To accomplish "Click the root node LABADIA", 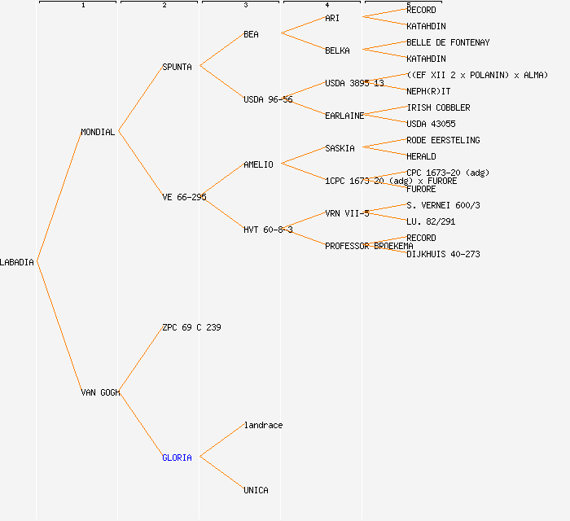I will tap(17, 262).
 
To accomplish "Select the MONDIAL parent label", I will tap(98, 132).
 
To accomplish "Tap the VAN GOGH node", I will tap(100, 392).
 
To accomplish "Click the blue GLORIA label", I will tap(177, 458).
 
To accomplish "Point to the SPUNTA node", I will tap(177, 67).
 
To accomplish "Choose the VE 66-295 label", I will tap(184, 197).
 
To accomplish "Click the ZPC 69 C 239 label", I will tap(191, 327).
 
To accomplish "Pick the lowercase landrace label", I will tap(263, 425).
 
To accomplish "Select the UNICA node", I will tap(256, 490).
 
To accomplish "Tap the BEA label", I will tap(251, 34).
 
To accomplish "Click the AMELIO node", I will tap(258, 164).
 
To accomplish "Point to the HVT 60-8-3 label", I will tap(268, 230).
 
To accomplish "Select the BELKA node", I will tap(337, 50).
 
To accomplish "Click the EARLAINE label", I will tap(344, 116).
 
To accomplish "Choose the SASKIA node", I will tap(340, 148).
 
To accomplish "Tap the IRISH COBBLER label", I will tap(438, 107).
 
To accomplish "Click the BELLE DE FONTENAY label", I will tap(448, 42).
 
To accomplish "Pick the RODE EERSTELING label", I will tap(443, 140).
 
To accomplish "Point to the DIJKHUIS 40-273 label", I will tap(443, 254).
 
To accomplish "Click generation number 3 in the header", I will tap(245, 6).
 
